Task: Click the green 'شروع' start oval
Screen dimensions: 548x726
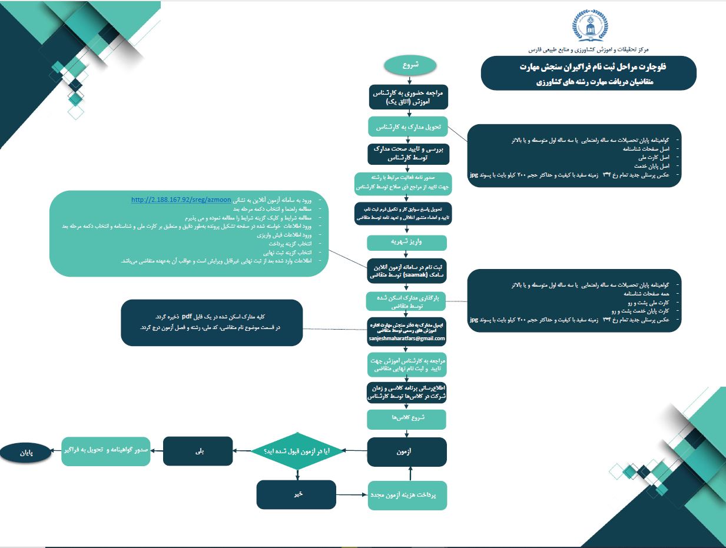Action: [x=410, y=66]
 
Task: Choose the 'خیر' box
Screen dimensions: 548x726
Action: [x=296, y=495]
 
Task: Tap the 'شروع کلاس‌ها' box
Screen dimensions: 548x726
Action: [x=407, y=419]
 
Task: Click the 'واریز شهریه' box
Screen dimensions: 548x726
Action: [x=407, y=242]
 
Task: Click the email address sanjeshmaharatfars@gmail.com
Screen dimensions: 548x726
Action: [x=407, y=340]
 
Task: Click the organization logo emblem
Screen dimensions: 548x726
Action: [x=591, y=26]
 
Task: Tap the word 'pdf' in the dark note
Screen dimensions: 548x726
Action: [x=186, y=317]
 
